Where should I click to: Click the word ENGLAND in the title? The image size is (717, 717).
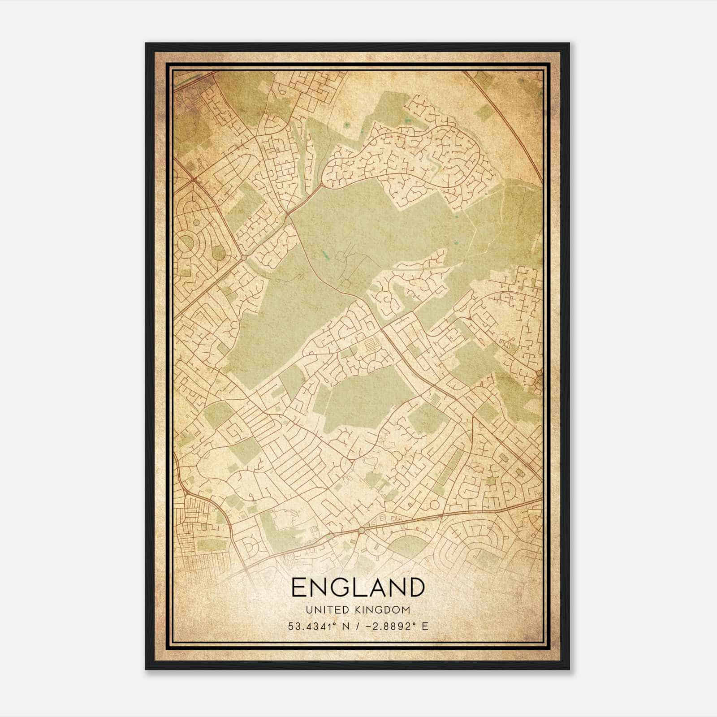pyautogui.click(x=358, y=587)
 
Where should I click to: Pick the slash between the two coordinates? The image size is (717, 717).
pyautogui.click(x=356, y=626)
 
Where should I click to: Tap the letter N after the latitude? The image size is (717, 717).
pyautogui.click(x=344, y=626)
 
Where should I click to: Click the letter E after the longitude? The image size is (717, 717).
pyautogui.click(x=425, y=626)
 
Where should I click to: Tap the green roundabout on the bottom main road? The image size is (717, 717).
pyautogui.click(x=362, y=531)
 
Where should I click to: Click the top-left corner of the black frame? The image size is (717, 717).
pyautogui.click(x=146, y=43)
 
